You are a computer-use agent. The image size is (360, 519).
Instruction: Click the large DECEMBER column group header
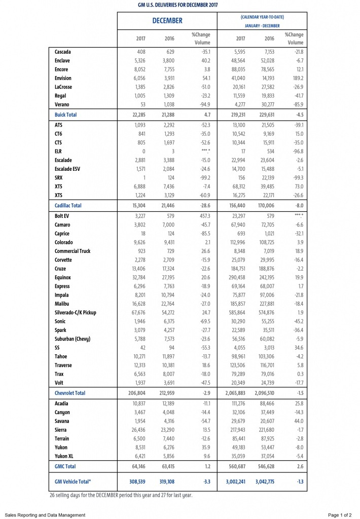167,21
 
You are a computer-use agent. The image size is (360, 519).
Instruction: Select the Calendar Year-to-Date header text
262,17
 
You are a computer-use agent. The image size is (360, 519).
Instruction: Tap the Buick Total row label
65,115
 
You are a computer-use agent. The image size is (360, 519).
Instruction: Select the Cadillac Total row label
68,206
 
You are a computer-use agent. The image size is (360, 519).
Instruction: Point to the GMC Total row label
65,466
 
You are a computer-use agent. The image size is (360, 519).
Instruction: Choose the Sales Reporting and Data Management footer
46,515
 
